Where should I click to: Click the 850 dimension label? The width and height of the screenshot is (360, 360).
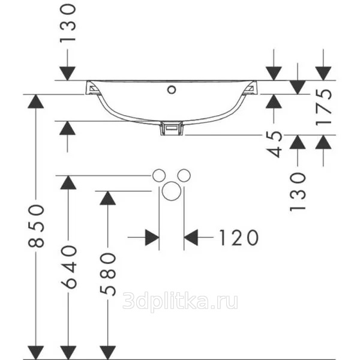click(x=36, y=226)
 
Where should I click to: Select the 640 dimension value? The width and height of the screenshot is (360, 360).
click(x=68, y=266)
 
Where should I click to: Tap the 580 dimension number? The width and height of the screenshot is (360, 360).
click(x=108, y=274)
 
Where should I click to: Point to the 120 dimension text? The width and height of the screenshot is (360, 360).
click(x=239, y=238)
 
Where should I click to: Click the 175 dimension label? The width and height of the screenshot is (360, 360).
click(x=323, y=107)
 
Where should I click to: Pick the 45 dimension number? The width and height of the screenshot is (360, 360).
click(x=274, y=144)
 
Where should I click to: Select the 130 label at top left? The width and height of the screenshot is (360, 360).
click(x=67, y=23)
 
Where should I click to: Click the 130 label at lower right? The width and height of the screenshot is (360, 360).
click(x=298, y=192)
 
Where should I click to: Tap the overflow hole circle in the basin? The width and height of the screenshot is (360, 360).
click(x=172, y=90)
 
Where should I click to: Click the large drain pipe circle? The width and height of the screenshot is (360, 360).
click(x=172, y=191)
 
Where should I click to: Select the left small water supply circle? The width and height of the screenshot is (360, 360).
click(x=159, y=176)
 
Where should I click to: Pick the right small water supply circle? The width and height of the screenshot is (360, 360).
click(x=184, y=176)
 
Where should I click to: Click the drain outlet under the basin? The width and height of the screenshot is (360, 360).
click(x=172, y=128)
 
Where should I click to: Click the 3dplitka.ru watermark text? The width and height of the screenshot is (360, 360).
click(x=180, y=301)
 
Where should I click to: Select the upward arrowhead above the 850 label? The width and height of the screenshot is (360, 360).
click(x=35, y=101)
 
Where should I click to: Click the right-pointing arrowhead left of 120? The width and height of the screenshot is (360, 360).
click(x=152, y=237)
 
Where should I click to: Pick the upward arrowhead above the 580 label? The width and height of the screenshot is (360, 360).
click(x=107, y=198)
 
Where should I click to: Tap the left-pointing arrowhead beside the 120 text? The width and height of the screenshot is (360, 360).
click(x=191, y=237)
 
